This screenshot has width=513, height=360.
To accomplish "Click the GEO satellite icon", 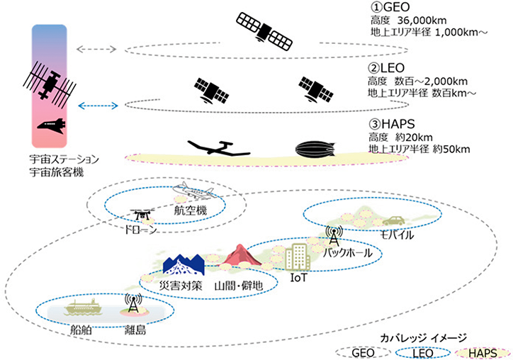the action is pyautogui.click(x=264, y=32).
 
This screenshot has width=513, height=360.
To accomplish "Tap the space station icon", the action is pyautogui.click(x=50, y=83).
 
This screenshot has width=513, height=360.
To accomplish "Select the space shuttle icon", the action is pyautogui.click(x=52, y=125).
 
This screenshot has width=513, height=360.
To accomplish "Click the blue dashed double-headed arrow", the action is pyautogui.click(x=98, y=106).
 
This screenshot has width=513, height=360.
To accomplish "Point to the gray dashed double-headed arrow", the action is pyautogui.click(x=96, y=50).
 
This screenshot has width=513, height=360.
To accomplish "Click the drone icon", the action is pyautogui.click(x=142, y=214).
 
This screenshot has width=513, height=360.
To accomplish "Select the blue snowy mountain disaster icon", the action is pyautogui.click(x=184, y=264).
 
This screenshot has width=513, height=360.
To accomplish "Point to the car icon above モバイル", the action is pyautogui.click(x=394, y=220).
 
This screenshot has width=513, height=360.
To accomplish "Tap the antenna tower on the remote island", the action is pyautogui.click(x=133, y=303).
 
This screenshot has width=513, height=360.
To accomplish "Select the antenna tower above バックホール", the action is pyautogui.click(x=334, y=235).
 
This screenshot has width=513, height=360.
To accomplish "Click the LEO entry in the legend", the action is pyautogui.click(x=423, y=353).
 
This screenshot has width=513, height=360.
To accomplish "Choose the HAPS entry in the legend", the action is pyautogui.click(x=483, y=353).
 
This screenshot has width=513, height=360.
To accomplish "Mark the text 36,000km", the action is pyautogui.click(x=422, y=21).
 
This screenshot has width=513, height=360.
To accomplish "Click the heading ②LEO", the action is pyautogui.click(x=386, y=68).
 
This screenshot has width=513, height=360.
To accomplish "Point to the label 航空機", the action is pyautogui.click(x=191, y=210).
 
